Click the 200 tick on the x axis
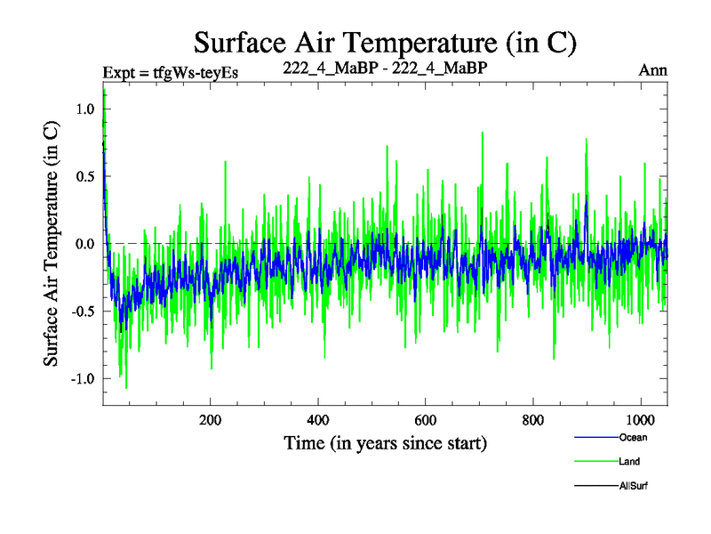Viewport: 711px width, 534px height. [211, 420]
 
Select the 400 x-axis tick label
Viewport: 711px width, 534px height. [318, 420]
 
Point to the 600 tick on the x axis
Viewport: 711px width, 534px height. [426, 420]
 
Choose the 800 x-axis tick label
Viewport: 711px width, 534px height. [533, 420]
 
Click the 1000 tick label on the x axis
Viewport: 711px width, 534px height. [641, 420]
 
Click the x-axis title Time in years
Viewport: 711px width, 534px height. [385, 442]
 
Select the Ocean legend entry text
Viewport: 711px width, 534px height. [633, 437]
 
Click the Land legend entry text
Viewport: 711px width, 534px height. [630, 461]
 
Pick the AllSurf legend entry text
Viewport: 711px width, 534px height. [635, 486]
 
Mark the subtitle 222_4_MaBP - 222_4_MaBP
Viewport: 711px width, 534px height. [385, 68]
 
